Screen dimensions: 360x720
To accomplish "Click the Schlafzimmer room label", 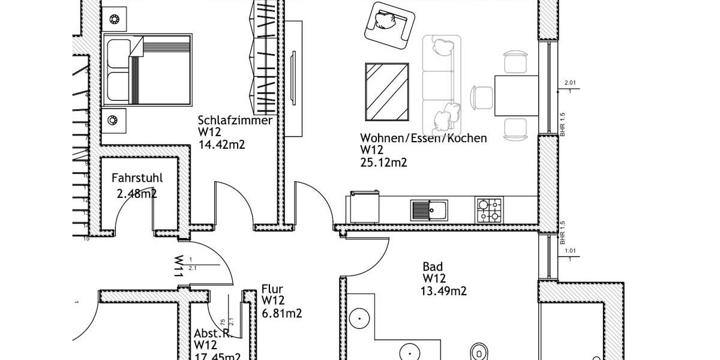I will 235,121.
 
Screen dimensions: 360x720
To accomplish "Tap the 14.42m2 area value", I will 221,144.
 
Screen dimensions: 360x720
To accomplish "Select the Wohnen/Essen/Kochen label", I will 423,139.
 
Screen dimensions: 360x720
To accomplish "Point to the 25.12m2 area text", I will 383,162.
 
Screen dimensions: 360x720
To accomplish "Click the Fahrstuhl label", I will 137,178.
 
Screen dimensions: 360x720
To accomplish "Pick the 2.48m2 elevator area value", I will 137,193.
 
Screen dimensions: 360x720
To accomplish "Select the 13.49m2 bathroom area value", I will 444,292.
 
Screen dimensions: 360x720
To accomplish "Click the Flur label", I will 272,289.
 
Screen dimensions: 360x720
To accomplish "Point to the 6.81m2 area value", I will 281,313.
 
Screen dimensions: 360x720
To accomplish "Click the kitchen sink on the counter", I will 428,210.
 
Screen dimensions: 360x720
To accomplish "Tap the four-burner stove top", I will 490,210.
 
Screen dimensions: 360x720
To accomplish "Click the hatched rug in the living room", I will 387,92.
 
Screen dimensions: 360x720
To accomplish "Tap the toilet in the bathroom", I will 479,352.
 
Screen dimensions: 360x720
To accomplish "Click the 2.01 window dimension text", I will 570,83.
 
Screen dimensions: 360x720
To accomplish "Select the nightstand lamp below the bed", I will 112,121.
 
